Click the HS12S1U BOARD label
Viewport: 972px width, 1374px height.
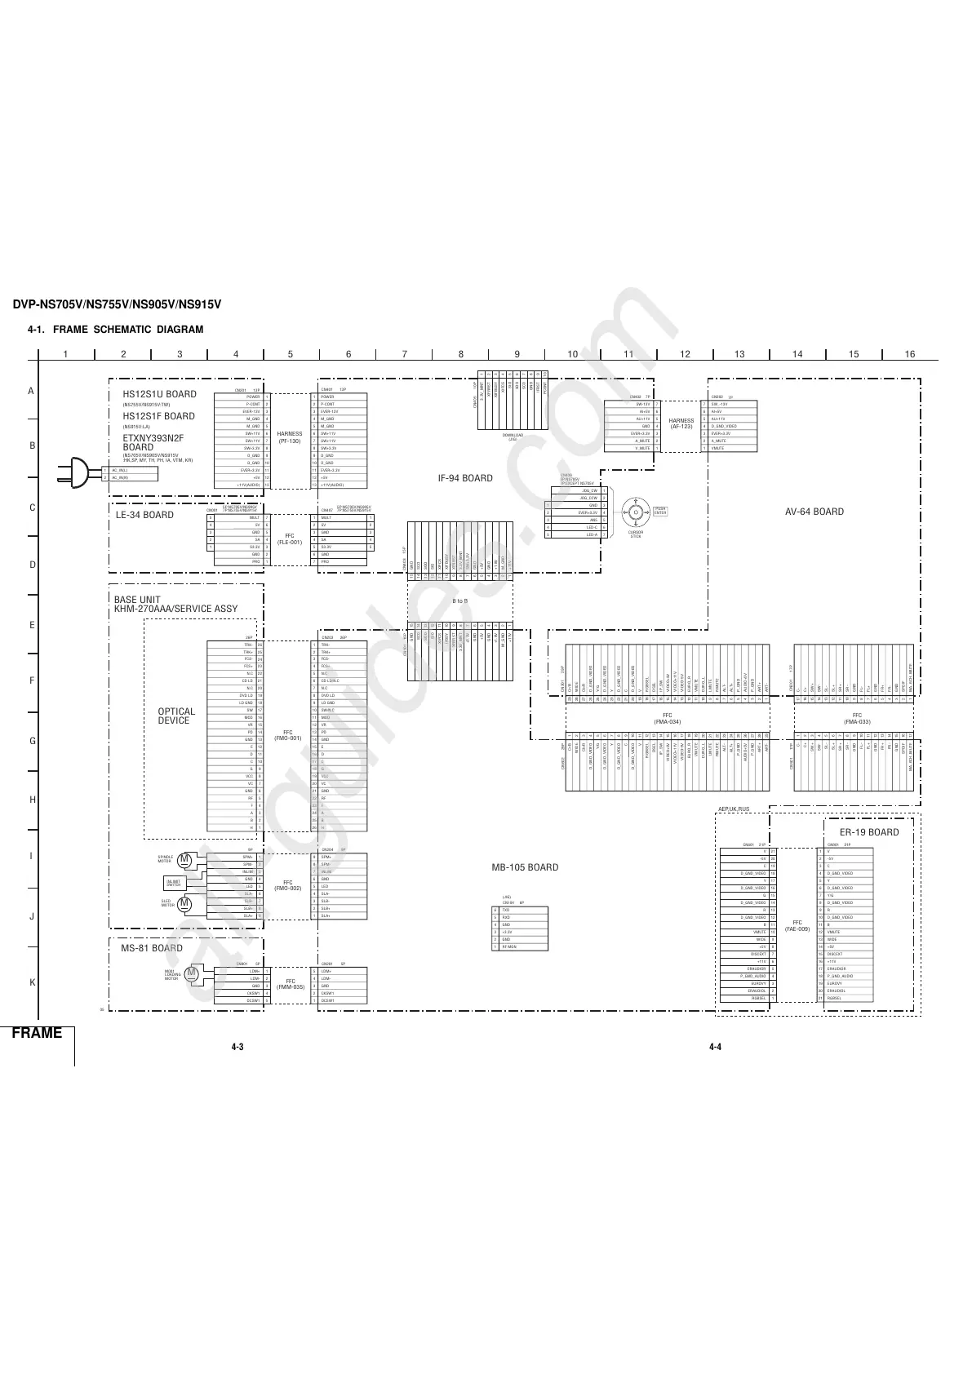tap(153, 394)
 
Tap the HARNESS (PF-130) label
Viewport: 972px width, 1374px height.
tap(290, 437)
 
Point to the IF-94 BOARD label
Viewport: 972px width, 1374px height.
tap(465, 478)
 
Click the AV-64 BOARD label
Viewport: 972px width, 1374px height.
tap(814, 512)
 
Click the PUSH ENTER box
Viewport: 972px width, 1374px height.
tap(659, 511)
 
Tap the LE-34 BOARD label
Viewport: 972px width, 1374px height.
tap(144, 515)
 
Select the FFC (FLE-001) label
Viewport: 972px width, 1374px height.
tap(290, 539)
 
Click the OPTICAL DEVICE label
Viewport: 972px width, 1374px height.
tap(176, 716)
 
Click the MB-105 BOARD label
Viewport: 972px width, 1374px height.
tap(525, 867)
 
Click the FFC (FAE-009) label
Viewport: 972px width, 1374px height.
tap(797, 926)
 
